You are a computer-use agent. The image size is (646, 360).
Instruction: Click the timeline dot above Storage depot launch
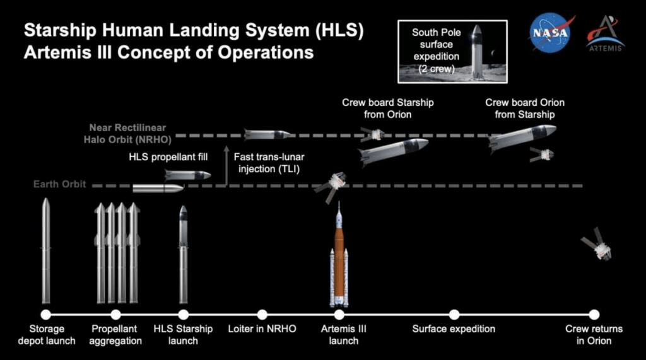(x=45, y=314)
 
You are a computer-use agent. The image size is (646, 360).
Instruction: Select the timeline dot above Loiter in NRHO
(x=262, y=314)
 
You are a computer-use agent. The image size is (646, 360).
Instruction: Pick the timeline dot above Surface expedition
(x=454, y=314)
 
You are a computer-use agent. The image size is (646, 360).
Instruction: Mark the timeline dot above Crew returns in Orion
(x=594, y=314)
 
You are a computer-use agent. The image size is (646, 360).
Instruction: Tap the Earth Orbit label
(x=61, y=185)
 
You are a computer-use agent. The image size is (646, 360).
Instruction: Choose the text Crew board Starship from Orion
(x=388, y=108)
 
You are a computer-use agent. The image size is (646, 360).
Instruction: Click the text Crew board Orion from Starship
(x=525, y=108)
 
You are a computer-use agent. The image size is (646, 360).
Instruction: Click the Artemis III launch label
(x=343, y=335)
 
